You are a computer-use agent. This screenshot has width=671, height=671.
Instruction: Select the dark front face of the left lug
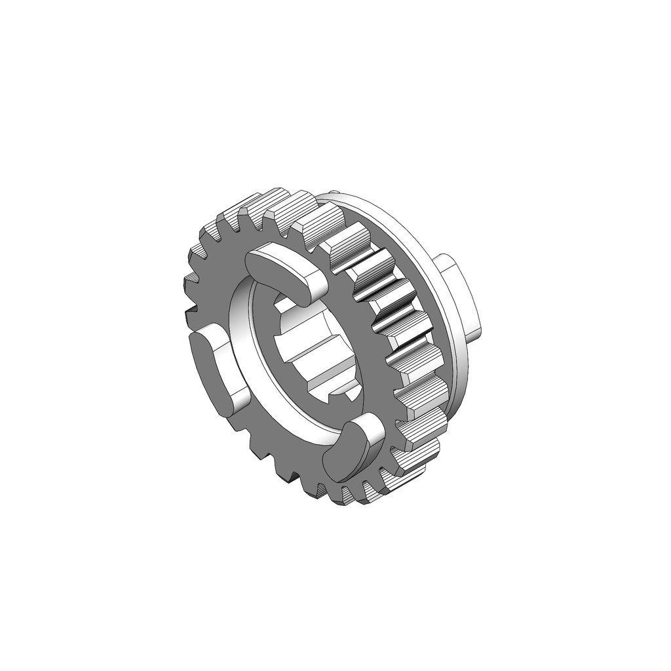[208, 367]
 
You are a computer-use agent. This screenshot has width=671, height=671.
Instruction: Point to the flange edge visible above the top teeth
[367, 200]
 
